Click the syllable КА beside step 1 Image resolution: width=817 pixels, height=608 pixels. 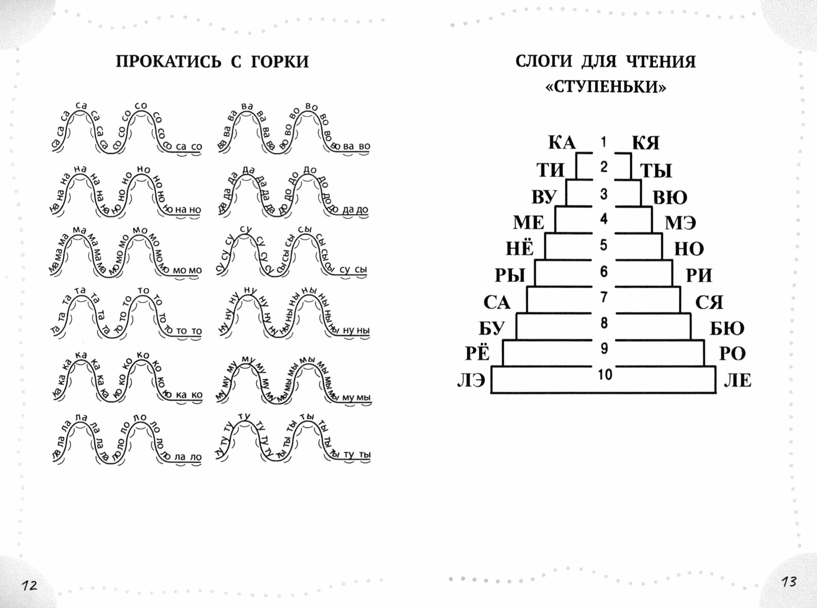(562, 143)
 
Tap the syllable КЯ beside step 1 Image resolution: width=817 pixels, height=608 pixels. (646, 143)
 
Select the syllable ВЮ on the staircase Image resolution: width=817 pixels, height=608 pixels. (670, 198)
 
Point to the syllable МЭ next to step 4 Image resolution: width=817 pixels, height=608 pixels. (681, 223)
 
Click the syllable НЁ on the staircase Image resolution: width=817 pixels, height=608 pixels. (520, 248)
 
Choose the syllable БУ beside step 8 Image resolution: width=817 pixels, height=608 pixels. (492, 328)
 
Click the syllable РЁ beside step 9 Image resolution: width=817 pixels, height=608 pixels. (478, 353)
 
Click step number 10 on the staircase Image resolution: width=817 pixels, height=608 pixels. (605, 374)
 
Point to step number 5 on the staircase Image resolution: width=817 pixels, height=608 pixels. (604, 245)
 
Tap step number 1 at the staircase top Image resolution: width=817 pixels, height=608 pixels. (604, 142)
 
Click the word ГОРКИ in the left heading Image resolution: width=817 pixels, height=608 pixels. (280, 62)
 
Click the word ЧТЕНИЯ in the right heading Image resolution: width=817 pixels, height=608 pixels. (661, 62)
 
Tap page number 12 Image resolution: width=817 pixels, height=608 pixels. (29, 586)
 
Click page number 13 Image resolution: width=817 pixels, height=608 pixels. (789, 581)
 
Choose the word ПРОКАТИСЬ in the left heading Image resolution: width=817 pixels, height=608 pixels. (168, 62)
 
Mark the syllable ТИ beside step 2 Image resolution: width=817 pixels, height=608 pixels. (550, 170)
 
